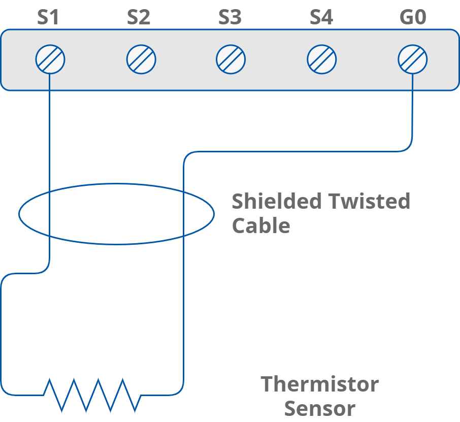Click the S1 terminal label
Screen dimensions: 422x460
pos(48,18)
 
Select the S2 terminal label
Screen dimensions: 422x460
pos(139,18)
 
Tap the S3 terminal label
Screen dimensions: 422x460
pos(230,18)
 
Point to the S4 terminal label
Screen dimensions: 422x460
pos(321,18)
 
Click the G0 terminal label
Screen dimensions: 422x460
pos(413,18)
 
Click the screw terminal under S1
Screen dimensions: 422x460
pos(50,59)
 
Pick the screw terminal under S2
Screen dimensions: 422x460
pos(141,59)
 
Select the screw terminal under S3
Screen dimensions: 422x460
pos(231,59)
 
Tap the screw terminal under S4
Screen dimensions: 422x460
pos(321,59)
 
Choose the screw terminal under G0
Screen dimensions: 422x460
pos(412,59)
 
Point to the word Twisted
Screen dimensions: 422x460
pos(368,202)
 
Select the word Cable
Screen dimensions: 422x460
pos(260,225)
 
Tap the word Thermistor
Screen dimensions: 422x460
pos(319,384)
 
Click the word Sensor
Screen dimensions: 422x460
pos(319,408)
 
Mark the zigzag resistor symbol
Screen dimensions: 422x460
pos(91,395)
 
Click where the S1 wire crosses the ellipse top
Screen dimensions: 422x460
pos(50,192)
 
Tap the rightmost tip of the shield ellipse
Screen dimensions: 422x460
pos(214,214)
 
